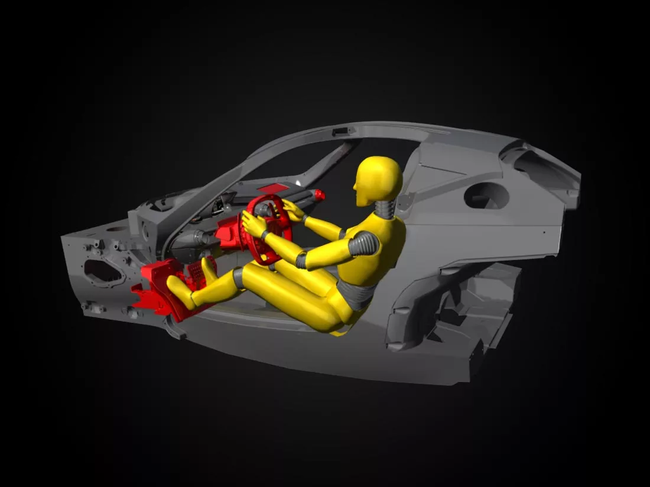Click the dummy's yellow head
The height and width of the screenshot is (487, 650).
[379, 179]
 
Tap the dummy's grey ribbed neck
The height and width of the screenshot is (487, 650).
[384, 209]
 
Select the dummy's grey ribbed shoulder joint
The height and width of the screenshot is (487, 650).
[364, 243]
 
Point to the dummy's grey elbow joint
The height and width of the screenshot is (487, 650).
[302, 259]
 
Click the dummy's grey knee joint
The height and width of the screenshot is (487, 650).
[239, 278]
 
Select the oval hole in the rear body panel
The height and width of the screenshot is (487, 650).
[486, 196]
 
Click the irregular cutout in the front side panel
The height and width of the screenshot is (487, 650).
[103, 271]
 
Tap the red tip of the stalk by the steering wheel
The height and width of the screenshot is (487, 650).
[320, 194]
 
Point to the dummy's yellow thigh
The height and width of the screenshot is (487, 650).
[290, 293]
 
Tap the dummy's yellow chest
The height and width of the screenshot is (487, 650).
[378, 248]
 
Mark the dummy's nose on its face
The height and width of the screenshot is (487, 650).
[355, 187]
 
